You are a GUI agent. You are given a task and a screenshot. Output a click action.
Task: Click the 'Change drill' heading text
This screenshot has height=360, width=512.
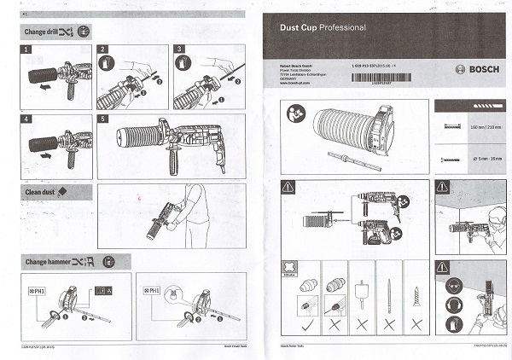(40, 31)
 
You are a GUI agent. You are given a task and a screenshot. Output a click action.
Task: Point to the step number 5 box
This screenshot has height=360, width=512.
(103, 119)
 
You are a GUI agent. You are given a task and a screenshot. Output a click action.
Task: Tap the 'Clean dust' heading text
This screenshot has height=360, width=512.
(40, 192)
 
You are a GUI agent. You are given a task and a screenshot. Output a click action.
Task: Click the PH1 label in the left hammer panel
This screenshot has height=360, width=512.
(37, 291)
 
